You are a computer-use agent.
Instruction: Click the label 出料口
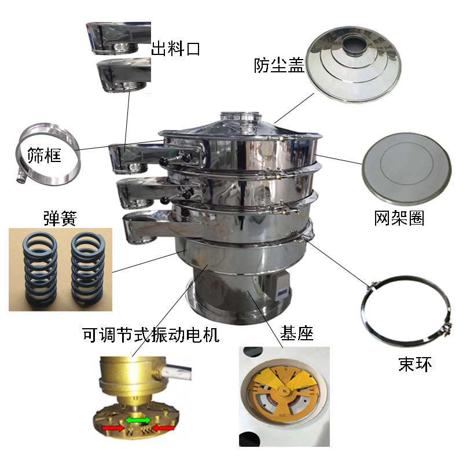point(175,49)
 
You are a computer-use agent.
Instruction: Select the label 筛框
point(45,155)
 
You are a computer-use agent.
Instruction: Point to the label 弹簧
point(60,218)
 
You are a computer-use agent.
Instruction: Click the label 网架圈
point(399,218)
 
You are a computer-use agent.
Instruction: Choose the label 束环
point(415,364)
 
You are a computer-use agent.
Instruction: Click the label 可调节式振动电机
point(151,334)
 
